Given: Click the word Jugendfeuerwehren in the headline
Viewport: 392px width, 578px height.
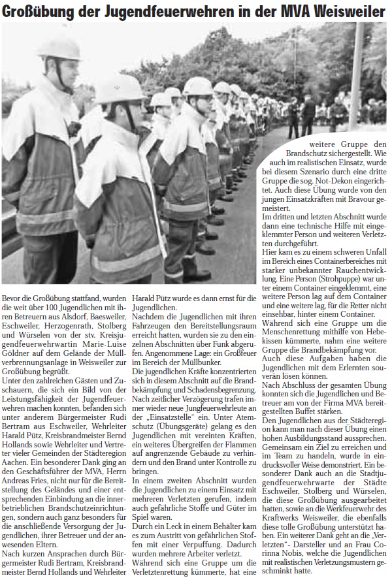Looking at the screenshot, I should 153,11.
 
